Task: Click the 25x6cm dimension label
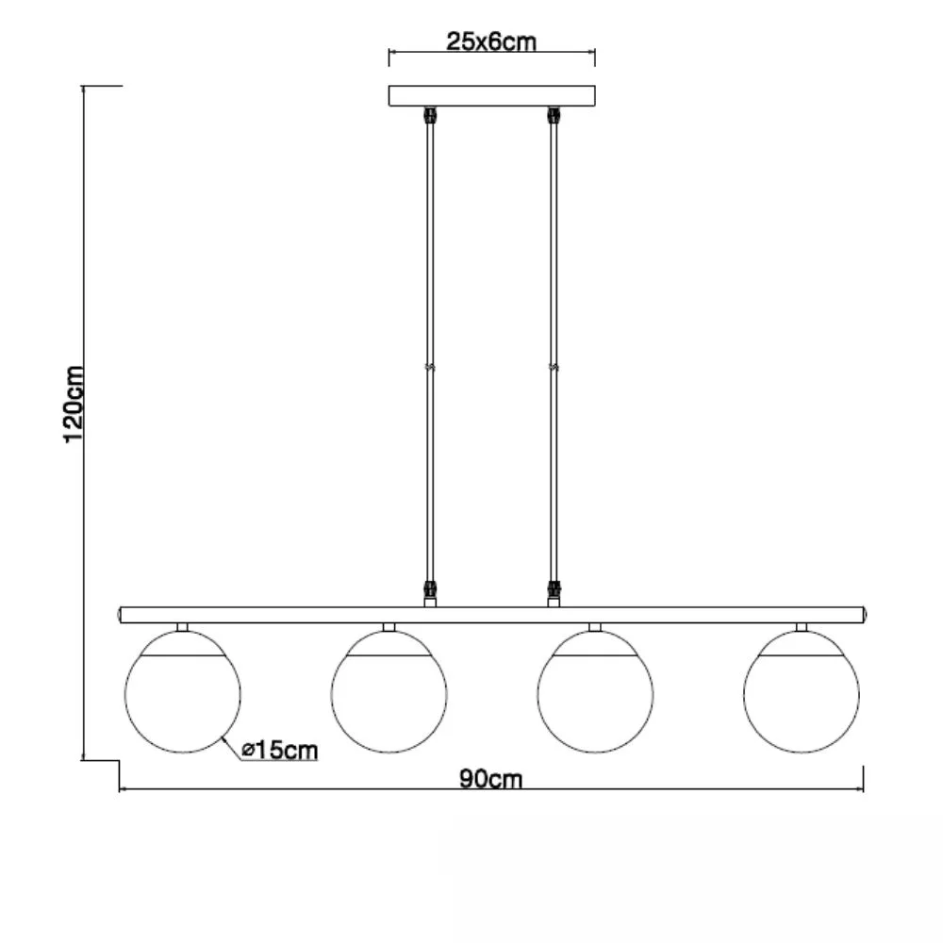click(x=490, y=41)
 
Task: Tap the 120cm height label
click(x=74, y=405)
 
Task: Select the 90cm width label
click(x=490, y=779)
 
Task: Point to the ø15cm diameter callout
click(x=279, y=750)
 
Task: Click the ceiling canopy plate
click(x=492, y=95)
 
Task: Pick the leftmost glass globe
click(x=183, y=691)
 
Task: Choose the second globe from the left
click(x=389, y=691)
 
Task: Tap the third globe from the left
click(x=595, y=691)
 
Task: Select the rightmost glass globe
click(x=802, y=691)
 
